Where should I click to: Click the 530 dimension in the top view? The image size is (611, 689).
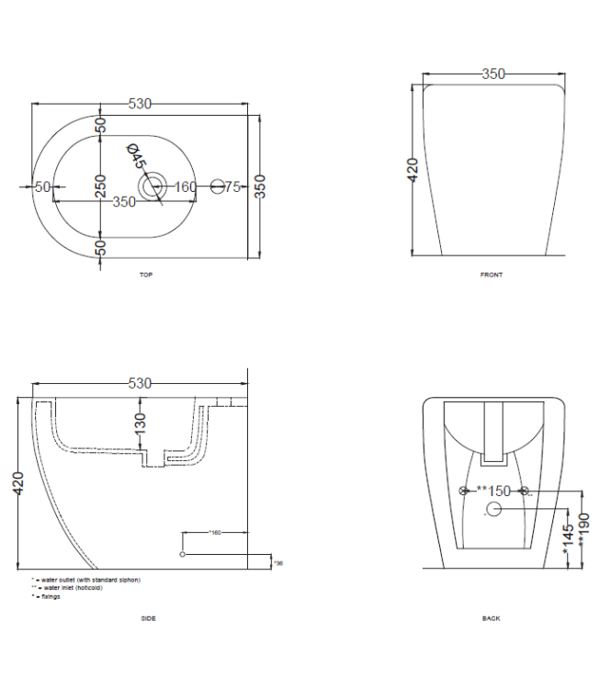(140, 105)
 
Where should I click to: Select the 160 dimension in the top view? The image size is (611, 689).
(186, 186)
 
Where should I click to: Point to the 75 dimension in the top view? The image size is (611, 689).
(232, 186)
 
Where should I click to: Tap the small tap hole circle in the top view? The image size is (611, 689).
(218, 186)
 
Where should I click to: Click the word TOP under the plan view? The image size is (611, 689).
(145, 275)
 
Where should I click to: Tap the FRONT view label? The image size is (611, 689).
(492, 275)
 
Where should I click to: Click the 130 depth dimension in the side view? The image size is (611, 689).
(139, 425)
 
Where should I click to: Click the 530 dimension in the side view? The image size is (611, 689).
(140, 384)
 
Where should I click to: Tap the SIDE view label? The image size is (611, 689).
(148, 618)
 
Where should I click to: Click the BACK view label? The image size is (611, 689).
(492, 618)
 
